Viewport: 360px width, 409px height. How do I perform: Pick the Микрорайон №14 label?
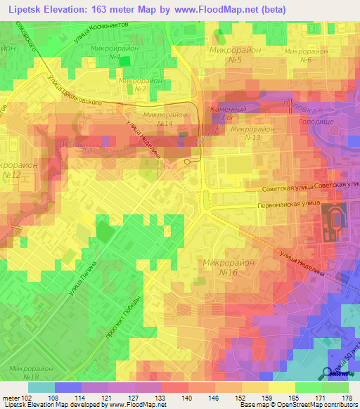point(165,119)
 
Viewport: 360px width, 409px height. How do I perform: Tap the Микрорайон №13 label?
point(254,134)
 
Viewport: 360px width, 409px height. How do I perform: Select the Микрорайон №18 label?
point(27,372)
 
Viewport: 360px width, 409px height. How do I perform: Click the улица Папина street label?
point(82,278)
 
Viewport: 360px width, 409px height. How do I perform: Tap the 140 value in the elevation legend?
point(186,396)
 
